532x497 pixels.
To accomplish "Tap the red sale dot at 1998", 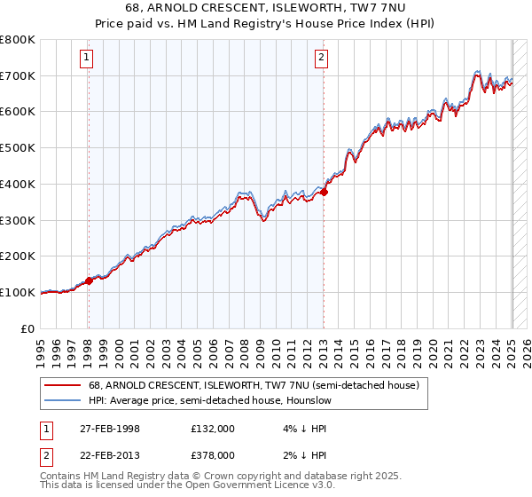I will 90,280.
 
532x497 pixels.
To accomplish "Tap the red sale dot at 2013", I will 325,191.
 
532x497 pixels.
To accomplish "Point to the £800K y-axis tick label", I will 18,40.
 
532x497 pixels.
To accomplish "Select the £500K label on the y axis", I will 18,148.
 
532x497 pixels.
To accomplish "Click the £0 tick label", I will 28,328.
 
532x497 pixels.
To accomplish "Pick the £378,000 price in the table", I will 213,454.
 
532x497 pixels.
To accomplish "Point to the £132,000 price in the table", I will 213,429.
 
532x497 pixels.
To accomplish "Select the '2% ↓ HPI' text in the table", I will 303,454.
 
